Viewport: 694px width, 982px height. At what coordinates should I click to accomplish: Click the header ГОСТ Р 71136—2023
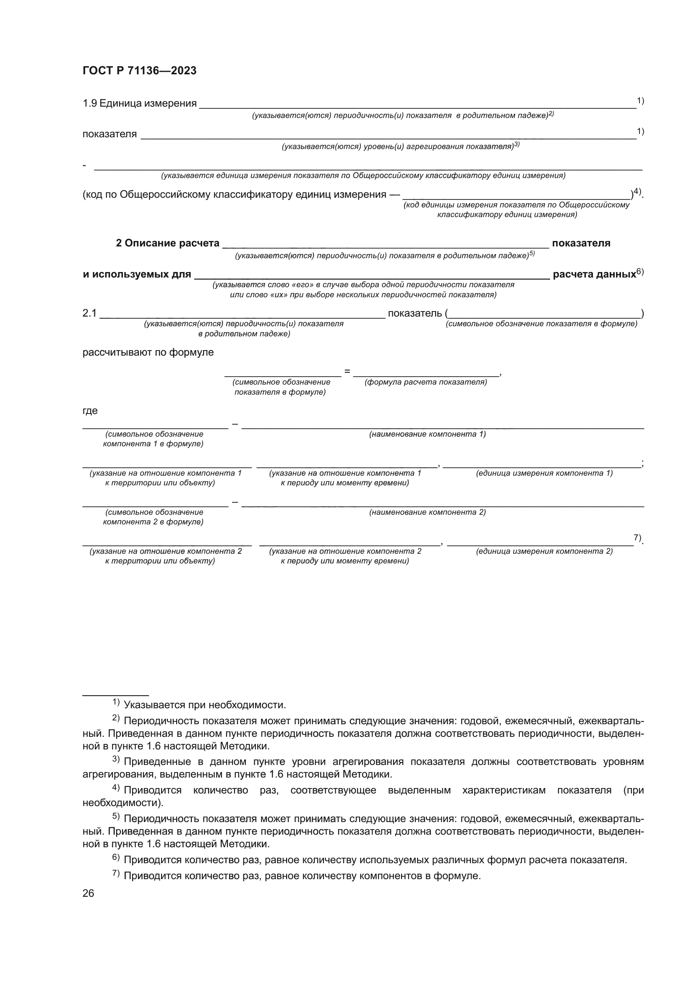point(139,71)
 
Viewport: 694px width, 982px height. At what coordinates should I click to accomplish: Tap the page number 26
point(88,893)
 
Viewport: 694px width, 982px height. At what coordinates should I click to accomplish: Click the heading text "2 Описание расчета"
point(167,243)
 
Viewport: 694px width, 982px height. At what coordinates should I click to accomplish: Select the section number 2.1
point(89,313)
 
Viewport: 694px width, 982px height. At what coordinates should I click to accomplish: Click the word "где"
point(90,411)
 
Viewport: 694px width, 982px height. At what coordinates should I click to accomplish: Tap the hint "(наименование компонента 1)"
point(427,434)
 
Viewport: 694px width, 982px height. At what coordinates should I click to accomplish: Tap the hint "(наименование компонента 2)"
point(427,512)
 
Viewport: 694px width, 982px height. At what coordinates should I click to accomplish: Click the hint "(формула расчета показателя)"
point(425,382)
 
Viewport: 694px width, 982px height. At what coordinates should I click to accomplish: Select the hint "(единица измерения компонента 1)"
point(544,473)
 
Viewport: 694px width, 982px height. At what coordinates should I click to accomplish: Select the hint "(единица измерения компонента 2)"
point(544,551)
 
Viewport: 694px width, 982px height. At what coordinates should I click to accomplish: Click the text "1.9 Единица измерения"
point(139,104)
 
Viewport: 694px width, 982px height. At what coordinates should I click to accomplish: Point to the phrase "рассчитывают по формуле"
point(148,352)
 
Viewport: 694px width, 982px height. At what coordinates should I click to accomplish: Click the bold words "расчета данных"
point(594,274)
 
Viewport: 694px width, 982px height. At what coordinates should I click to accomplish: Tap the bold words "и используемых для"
point(137,274)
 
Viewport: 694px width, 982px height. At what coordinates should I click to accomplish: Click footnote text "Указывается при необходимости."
point(205,705)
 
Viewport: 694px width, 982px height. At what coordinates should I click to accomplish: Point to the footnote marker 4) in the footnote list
point(116,787)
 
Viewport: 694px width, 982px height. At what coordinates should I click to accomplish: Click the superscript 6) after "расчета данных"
point(640,271)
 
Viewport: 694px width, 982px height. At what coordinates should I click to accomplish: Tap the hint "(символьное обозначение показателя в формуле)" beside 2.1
point(541,324)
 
